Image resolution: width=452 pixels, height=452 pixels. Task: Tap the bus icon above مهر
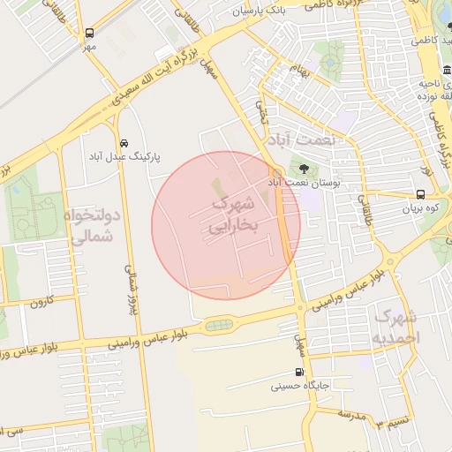[x=89, y=33]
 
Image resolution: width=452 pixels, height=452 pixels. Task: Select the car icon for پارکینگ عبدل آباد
[x=123, y=143]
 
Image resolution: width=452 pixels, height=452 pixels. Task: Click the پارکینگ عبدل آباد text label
[x=123, y=156]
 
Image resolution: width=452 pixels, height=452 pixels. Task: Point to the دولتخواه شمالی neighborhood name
[x=90, y=226]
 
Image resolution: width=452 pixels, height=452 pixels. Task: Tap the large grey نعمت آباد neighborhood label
[x=306, y=140]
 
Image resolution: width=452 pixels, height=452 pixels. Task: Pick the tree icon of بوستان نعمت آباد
[x=305, y=168]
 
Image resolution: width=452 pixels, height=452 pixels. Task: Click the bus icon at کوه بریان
[x=419, y=195]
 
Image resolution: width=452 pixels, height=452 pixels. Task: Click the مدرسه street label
[x=351, y=413]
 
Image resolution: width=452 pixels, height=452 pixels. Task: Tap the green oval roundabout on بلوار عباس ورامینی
[x=218, y=326]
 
